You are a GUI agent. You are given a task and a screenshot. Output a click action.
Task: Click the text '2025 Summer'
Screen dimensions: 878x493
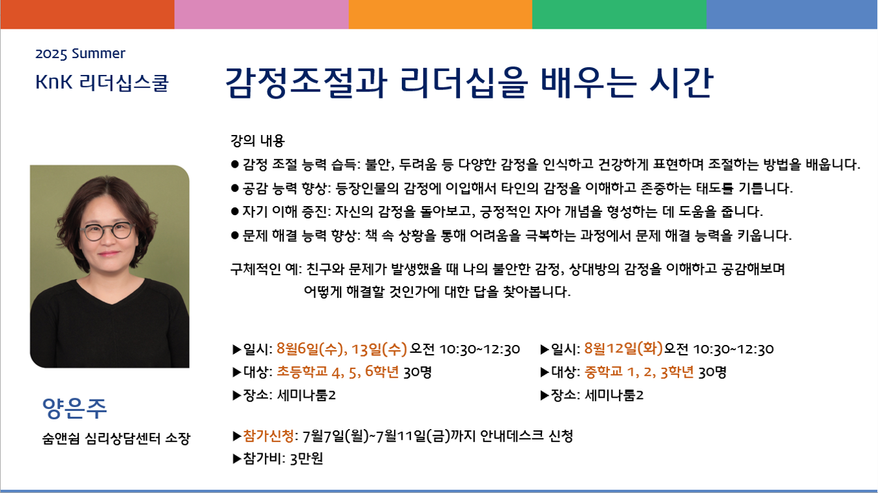click(80, 53)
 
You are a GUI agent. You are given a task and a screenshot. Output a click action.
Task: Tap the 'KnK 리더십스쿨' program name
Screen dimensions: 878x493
click(102, 83)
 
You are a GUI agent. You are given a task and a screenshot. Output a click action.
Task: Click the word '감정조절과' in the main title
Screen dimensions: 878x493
click(306, 83)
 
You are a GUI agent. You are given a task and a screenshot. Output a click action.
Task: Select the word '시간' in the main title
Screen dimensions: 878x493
click(681, 83)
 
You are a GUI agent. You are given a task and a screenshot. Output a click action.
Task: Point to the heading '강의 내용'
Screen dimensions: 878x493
click(258, 141)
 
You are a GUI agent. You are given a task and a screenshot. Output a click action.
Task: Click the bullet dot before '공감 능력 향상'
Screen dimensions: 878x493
click(235, 188)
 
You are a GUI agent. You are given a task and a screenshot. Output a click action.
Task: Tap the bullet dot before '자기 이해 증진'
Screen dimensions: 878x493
click(235, 212)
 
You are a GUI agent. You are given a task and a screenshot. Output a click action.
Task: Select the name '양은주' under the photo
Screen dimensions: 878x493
click(74, 408)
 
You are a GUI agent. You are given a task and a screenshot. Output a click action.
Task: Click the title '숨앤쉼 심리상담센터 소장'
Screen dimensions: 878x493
click(116, 438)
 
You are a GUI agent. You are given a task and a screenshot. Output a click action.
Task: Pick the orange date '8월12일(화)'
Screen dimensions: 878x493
click(623, 348)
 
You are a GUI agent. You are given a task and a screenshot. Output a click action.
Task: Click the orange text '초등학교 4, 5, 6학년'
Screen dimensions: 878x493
click(338, 372)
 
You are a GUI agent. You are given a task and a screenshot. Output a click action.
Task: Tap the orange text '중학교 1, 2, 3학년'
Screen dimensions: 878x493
click(639, 372)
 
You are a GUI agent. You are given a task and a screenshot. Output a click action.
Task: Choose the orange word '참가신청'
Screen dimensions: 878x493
click(269, 436)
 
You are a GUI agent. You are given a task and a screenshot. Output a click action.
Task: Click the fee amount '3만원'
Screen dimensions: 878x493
click(307, 458)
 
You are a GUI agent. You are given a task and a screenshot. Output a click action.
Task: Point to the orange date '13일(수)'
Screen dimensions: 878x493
click(379, 348)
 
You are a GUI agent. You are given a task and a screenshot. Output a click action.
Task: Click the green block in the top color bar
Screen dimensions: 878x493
click(619, 14)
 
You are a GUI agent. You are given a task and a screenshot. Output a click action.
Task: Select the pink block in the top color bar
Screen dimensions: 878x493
click(262, 14)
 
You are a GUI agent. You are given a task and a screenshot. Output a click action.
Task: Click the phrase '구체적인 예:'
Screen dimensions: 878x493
click(265, 269)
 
